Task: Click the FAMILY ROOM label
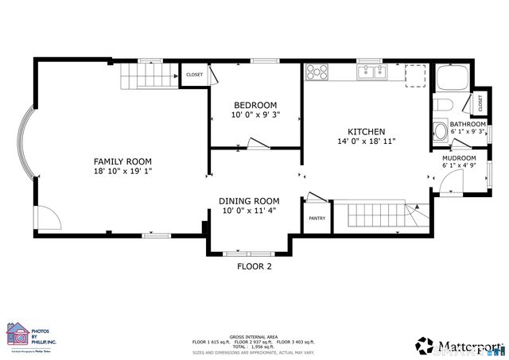(x=122, y=161)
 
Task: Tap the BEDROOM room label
(x=254, y=106)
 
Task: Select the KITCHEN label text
(x=367, y=131)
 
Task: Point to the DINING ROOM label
(x=250, y=201)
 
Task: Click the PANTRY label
(x=317, y=219)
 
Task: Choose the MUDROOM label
(x=459, y=158)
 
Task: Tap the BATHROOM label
(x=468, y=125)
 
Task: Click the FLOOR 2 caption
(x=254, y=267)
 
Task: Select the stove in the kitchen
(x=317, y=72)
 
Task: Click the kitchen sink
(x=373, y=72)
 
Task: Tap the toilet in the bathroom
(x=444, y=105)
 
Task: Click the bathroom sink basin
(x=438, y=131)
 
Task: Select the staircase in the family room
(x=147, y=77)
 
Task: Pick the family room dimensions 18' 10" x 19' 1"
(x=122, y=171)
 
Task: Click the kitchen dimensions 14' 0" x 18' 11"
(x=367, y=141)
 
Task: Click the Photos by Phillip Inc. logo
(x=30, y=335)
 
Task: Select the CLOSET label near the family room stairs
(x=194, y=75)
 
